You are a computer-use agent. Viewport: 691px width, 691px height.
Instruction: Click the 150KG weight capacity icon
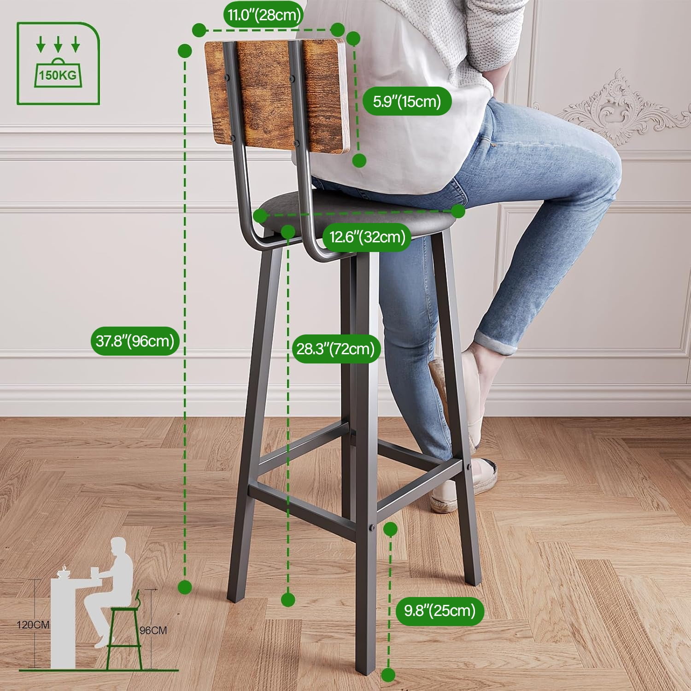coord(58,63)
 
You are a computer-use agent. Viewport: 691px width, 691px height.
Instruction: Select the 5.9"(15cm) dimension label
coord(407,101)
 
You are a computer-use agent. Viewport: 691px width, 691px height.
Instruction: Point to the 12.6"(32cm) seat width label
coord(367,237)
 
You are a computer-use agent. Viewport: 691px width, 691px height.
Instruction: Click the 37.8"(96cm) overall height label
coord(135,341)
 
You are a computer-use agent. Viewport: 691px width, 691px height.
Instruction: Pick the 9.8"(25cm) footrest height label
coord(439,611)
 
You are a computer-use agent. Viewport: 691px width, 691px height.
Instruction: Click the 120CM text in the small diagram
coord(33,625)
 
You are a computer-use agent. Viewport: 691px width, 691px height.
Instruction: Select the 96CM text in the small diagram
coord(153,630)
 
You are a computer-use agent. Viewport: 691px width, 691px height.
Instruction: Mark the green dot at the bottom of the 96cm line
coord(185,587)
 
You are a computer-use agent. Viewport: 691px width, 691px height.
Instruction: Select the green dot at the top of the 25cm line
coord(390,529)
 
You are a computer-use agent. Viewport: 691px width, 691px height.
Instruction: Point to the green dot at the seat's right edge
coord(458,211)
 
